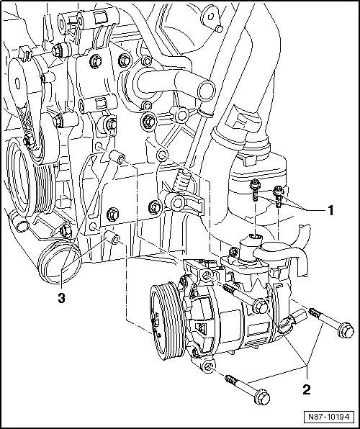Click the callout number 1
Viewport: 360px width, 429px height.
coord(330,211)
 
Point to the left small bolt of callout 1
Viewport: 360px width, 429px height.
coord(256,186)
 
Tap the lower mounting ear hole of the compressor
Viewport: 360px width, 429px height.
coord(208,368)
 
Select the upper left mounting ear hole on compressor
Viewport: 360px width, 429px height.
coord(207,275)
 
